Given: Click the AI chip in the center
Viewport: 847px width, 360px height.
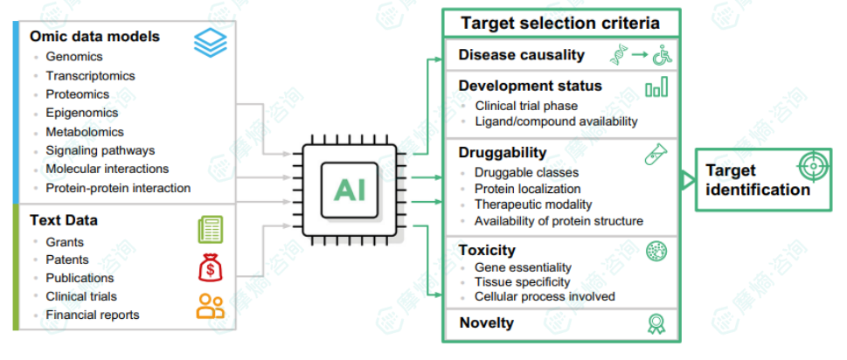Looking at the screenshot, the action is [350, 190].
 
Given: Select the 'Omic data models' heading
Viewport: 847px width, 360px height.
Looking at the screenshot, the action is [95, 36].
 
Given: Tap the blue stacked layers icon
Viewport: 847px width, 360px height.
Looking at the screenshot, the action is [211, 42].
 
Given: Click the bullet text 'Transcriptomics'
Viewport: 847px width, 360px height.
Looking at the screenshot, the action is [90, 75].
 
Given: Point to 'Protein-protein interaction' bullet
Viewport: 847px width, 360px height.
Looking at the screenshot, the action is [118, 188].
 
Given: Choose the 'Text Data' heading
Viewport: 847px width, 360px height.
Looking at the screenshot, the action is [64, 220].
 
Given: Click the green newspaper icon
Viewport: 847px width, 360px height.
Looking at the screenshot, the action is [210, 230].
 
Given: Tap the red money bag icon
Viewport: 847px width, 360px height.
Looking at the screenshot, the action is [210, 267].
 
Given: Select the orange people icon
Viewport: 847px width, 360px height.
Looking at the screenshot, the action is [210, 306].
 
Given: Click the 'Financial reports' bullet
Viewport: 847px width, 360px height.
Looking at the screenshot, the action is [93, 315].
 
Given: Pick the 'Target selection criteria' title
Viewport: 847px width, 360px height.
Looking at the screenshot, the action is [560, 24].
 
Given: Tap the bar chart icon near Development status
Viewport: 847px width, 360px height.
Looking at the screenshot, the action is [656, 87].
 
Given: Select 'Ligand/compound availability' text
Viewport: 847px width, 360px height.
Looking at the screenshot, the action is [557, 121].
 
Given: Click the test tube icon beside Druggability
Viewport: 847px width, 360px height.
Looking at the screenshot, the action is [656, 155].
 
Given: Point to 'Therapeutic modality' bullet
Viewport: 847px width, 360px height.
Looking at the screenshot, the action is [533, 204].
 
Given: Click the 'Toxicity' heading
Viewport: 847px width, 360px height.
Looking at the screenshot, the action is [487, 251].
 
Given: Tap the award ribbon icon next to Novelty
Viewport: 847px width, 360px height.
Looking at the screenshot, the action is [656, 323].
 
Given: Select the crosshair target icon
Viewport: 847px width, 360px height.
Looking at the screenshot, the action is [812, 167].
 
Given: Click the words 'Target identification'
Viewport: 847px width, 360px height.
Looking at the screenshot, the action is [757, 180].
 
